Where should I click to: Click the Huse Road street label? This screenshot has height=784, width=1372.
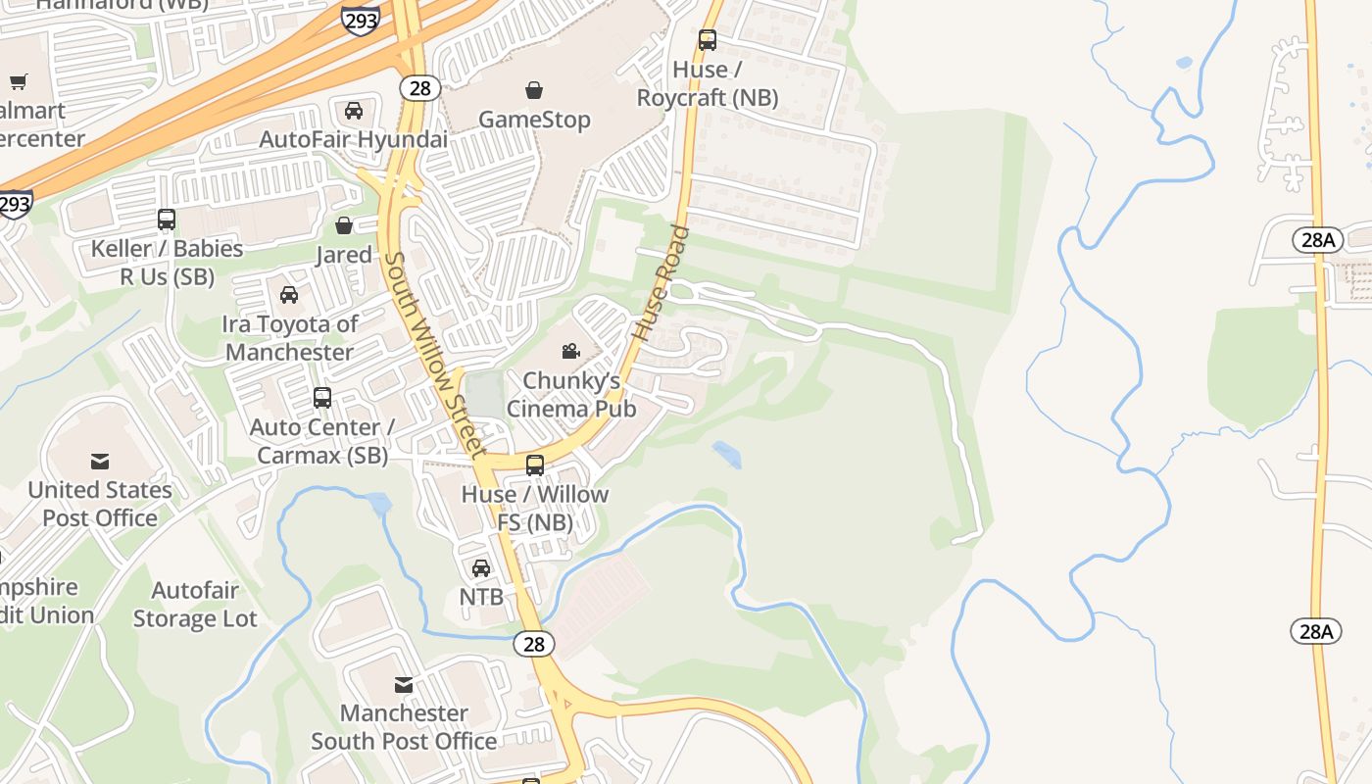(661, 284)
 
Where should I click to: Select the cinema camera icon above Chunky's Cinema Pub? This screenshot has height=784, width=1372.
(570, 351)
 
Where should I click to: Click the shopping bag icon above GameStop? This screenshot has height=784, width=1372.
(534, 91)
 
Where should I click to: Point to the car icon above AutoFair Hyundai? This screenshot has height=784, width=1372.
(354, 111)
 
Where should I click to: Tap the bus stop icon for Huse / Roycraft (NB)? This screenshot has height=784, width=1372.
(708, 40)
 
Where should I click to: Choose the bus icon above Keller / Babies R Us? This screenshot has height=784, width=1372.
(167, 220)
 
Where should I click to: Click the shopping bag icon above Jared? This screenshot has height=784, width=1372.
(344, 226)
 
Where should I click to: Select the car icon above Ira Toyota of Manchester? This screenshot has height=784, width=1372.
(289, 295)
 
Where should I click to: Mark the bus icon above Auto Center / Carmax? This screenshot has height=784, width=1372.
(322, 398)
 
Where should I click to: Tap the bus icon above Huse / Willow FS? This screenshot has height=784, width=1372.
(535, 465)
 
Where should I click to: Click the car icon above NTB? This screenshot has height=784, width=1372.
(481, 568)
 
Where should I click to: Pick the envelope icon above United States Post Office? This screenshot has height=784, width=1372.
(100, 461)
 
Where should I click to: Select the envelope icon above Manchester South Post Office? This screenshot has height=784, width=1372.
(404, 684)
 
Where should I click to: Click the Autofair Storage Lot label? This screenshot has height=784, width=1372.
(195, 605)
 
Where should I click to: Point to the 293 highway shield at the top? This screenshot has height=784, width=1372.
(360, 20)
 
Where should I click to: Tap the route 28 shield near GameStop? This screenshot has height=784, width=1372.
(419, 88)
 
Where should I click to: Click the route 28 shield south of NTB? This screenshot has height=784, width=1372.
(534, 644)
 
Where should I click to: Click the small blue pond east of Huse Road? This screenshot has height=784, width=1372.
(727, 454)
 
